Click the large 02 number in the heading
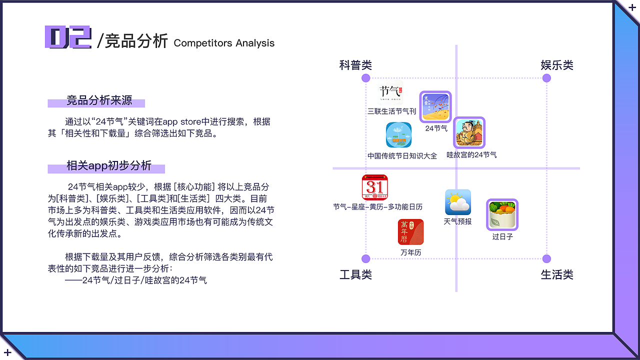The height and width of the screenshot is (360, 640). pos(68,37)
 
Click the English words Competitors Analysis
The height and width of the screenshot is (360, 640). pos(224,43)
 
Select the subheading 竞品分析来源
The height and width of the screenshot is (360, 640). pos(99,100)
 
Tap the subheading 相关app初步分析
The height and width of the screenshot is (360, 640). pos(108,166)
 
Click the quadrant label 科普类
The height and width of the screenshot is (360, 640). pos(355,65)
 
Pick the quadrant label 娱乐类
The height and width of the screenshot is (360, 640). pos(556,65)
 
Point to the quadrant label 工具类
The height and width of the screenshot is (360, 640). pos(355,275)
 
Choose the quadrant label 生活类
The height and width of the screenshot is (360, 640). pos(556,275)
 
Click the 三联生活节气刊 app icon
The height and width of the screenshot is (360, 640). pos(390,93)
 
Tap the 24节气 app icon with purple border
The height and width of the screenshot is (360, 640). pos(435,107)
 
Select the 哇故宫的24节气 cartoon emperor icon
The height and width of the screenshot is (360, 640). pos(469,133)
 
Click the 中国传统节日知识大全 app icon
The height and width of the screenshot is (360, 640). pos(398,135)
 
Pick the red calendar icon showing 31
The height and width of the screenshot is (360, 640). pos(375,187)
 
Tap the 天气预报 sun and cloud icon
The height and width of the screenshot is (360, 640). pos(458,202)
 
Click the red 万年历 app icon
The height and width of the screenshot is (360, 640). pos(410,232)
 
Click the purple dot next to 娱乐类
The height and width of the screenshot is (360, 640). pos(546,78)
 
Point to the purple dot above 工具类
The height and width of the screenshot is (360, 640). pos(365,258)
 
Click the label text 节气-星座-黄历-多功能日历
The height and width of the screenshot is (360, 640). pos(378,206)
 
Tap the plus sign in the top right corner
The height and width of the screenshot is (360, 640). pos(632,7)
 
